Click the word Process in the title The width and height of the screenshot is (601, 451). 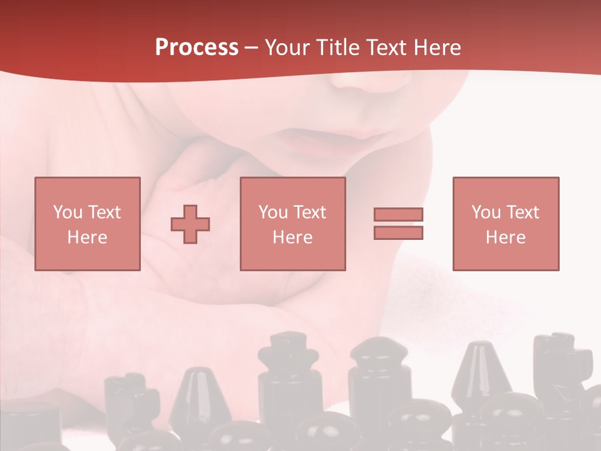click(x=197, y=48)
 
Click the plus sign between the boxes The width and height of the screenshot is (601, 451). click(x=190, y=224)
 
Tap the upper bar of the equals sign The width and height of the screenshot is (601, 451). click(x=398, y=214)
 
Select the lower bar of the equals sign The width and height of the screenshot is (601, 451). click(x=398, y=232)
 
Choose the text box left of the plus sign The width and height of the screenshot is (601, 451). click(x=87, y=224)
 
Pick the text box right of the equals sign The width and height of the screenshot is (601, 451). click(x=505, y=224)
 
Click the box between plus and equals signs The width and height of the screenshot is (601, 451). click(x=292, y=224)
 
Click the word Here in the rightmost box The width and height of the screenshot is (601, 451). click(x=505, y=237)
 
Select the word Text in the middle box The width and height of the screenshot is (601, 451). click(x=309, y=212)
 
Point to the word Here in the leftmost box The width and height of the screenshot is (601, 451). click(x=87, y=237)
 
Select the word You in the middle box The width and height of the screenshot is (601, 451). click(x=274, y=212)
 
